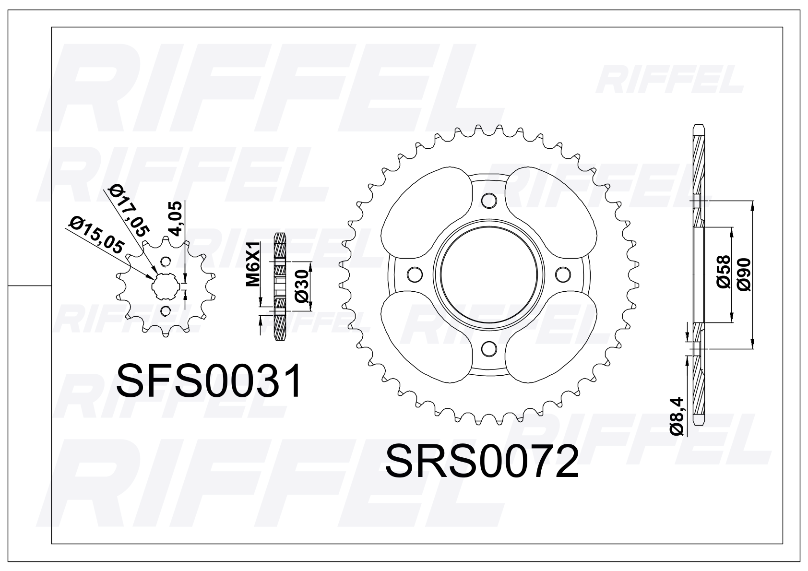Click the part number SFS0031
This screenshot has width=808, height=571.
(209, 381)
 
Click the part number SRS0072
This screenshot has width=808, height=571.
(482, 461)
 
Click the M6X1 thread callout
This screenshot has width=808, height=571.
(253, 264)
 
